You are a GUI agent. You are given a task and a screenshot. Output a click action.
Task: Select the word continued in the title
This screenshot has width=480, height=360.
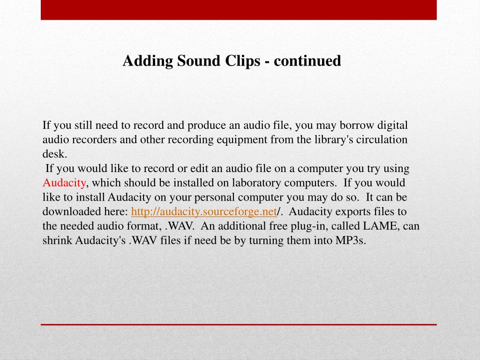click(x=307, y=61)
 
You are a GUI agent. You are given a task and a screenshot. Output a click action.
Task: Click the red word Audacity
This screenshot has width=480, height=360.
click(x=64, y=183)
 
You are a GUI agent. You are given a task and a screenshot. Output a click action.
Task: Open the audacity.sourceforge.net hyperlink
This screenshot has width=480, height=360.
click(x=204, y=212)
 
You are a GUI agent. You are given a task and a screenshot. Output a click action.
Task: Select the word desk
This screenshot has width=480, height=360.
click(x=55, y=154)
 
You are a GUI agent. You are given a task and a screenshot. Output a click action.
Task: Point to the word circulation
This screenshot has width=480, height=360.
click(x=382, y=140)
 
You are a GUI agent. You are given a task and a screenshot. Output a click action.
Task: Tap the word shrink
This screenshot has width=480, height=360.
click(x=56, y=240)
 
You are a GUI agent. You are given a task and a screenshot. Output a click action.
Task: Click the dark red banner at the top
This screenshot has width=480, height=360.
click(x=239, y=9)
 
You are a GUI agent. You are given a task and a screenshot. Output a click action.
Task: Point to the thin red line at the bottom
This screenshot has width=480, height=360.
click(x=239, y=324)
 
